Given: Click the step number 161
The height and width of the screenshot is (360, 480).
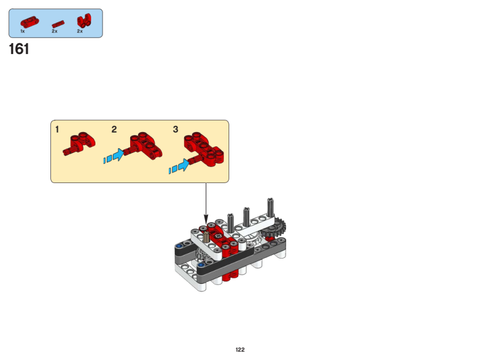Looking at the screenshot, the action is pos(19,49).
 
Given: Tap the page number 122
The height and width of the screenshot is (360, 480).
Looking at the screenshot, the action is pos(240,350).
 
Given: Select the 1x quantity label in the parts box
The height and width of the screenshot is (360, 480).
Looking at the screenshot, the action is pos(22,31).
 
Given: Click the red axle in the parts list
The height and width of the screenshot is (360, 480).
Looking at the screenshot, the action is pos(58,24).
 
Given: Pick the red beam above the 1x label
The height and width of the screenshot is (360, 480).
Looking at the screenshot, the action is pos(29,22).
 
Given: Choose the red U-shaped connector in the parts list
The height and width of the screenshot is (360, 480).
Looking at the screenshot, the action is pos(83,21).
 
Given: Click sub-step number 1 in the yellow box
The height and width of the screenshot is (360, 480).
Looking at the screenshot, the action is pos(57,130).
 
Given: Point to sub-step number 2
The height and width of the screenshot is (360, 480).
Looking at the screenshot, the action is pos(114,130).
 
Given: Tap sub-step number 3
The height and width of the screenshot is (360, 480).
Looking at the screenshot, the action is pos(175,130).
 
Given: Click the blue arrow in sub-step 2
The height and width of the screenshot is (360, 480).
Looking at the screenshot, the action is pos(114,155).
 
